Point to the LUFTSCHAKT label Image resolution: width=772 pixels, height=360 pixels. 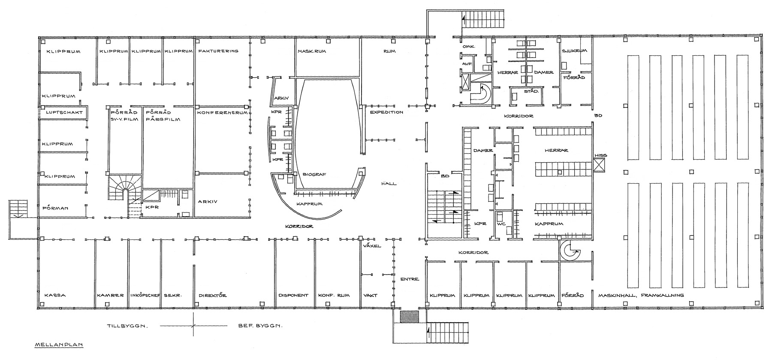pos(60,112)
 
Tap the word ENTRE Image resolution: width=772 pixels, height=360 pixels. pos(409,279)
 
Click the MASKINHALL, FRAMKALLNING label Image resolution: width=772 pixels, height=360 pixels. pos(641,295)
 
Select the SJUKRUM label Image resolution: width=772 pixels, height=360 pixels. pos(573,51)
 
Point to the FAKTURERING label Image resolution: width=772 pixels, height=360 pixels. pos(218,51)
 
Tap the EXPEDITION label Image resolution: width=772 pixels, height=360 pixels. pos(386,112)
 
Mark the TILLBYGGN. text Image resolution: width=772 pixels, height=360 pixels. pos(127,326)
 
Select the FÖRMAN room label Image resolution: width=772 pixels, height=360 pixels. pos(56,209)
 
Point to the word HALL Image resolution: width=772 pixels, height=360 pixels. pos(389,184)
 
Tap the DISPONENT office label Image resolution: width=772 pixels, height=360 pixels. pos(293,295)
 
